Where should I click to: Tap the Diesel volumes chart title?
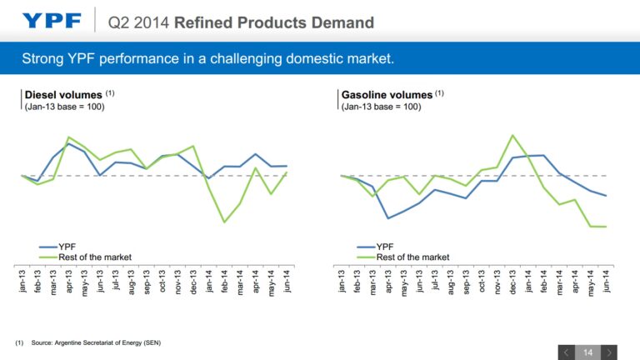coord(63,95)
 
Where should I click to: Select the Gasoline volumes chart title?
coord(387,95)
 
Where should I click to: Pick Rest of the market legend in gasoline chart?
coord(412,257)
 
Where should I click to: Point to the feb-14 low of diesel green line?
coord(224,222)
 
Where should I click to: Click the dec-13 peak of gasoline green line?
coord(512,135)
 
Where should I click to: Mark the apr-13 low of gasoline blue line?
coord(387,218)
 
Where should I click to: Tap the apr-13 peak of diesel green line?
coord(68,137)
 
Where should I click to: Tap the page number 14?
coord(587,352)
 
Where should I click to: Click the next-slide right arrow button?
coord(610,352)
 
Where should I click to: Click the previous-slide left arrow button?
coord(565,352)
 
